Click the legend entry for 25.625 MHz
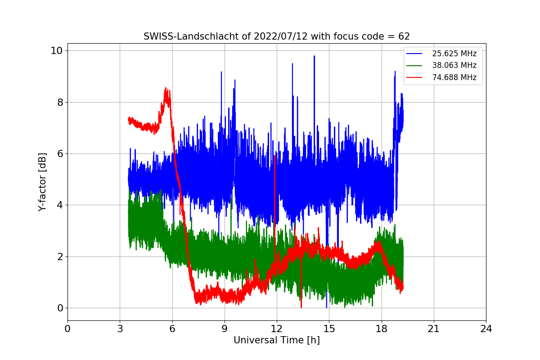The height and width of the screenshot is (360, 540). pyautogui.click(x=454, y=54)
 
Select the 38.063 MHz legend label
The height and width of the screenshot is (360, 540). pyautogui.click(x=454, y=65)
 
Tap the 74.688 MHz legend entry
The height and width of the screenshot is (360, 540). pyautogui.click(x=454, y=77)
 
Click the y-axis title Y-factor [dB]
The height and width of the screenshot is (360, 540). pyautogui.click(x=42, y=182)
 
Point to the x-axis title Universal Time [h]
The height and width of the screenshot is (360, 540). pyautogui.click(x=276, y=340)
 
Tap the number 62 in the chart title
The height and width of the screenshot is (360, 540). pyautogui.click(x=404, y=36)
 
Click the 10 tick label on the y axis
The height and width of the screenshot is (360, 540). pyautogui.click(x=56, y=50)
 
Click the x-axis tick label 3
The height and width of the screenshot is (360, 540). pyautogui.click(x=120, y=328)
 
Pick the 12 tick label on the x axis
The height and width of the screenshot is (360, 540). pyautogui.click(x=276, y=328)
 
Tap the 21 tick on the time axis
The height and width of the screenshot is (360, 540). pyautogui.click(x=433, y=328)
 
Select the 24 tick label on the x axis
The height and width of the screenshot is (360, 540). pyautogui.click(x=486, y=328)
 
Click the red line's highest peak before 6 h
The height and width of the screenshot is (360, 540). pyautogui.click(x=166, y=88)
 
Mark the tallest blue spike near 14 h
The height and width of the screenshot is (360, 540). pyautogui.click(x=314, y=56)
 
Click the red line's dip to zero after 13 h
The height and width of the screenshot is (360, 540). pyautogui.click(x=301, y=307)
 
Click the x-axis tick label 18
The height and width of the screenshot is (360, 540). pyautogui.click(x=381, y=328)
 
